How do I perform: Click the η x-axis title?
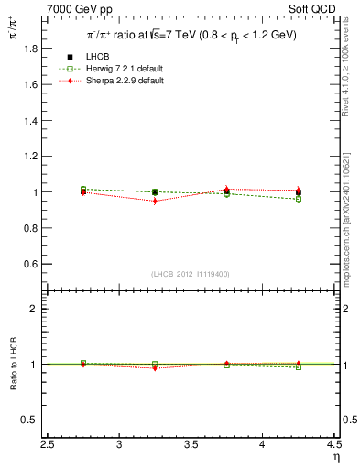335,457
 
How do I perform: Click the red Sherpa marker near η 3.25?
155,201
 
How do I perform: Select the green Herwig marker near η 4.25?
298,199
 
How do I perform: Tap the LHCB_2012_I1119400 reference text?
191,274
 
